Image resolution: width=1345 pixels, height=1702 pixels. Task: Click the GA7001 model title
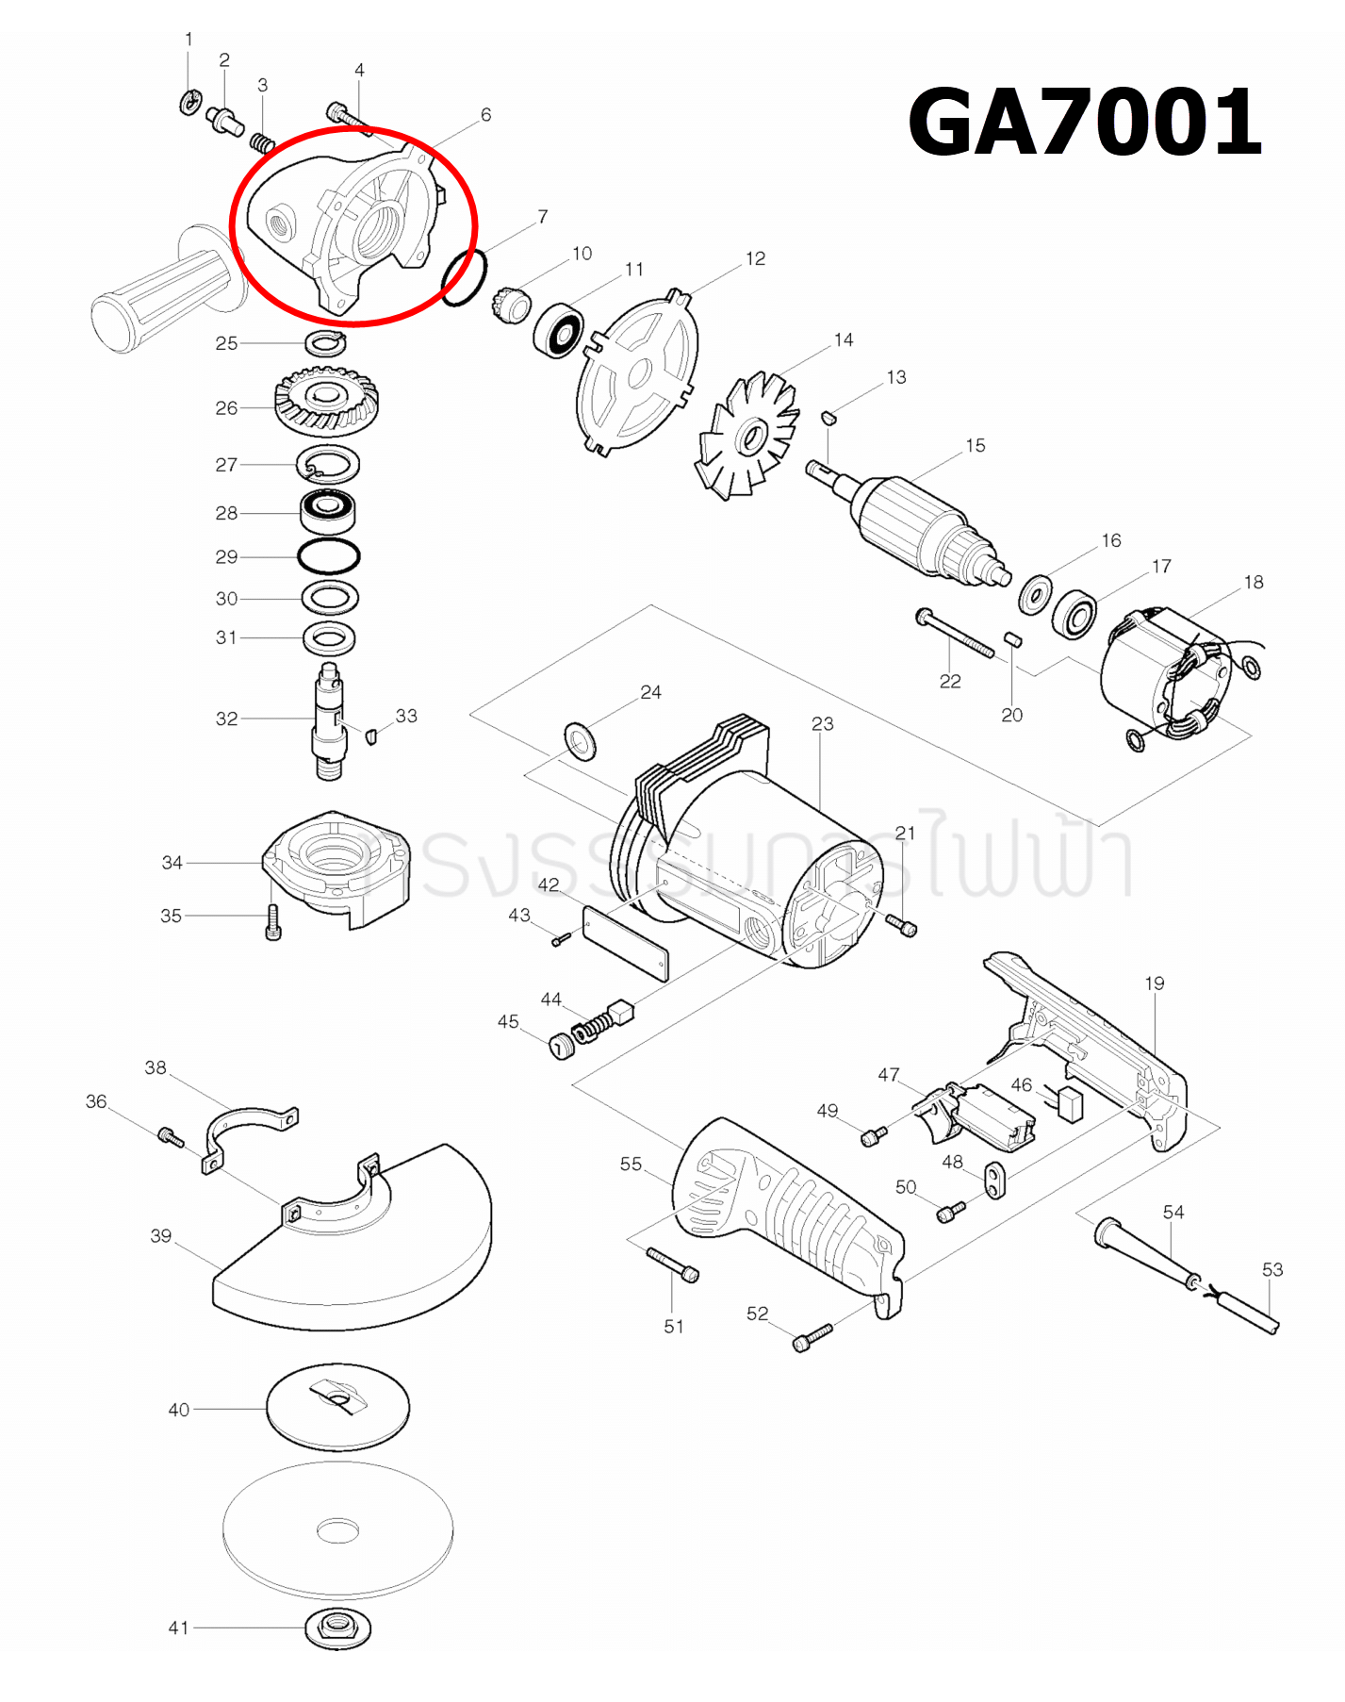(1084, 123)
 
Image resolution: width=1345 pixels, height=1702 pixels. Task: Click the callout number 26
(226, 408)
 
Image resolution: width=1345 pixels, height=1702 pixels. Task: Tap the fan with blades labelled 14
(748, 437)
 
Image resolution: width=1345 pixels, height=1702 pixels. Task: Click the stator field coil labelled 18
(1169, 674)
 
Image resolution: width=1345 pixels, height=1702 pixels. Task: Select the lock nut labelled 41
(337, 1628)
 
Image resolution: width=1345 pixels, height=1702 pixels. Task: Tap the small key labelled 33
(371, 735)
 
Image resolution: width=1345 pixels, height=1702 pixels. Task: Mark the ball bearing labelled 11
(558, 330)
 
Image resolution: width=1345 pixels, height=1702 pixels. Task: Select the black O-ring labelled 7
(464, 277)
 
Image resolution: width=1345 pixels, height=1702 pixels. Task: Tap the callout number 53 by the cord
(1272, 1269)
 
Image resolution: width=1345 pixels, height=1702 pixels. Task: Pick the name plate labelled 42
(626, 943)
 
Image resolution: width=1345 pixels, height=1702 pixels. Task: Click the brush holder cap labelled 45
(562, 1046)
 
